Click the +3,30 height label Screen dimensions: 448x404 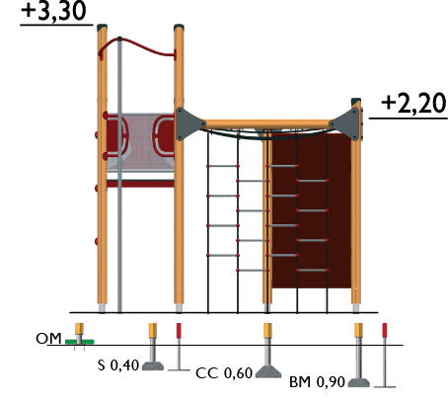53,11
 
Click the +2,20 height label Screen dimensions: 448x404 413,103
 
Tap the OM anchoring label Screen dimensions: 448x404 48,339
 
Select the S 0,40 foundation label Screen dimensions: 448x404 118,365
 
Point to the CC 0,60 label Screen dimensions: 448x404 224,373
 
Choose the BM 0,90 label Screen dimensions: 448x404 317,382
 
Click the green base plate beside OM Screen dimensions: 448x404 80,342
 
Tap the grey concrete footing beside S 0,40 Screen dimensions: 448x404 153,365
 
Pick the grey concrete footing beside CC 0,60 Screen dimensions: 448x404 268,371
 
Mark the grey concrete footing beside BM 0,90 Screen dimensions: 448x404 359,382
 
